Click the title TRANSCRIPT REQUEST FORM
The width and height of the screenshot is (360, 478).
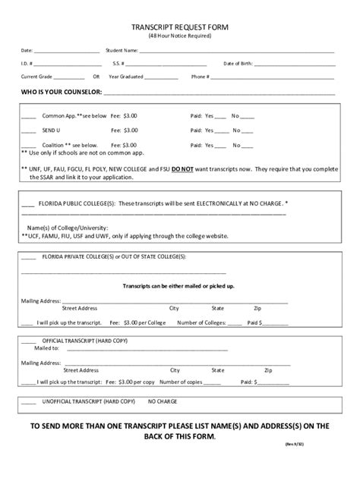(x=180, y=27)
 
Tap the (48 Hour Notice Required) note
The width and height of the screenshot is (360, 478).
(x=180, y=36)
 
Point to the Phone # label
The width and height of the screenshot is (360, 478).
(x=201, y=77)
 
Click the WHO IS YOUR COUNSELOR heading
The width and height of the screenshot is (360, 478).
(x=55, y=93)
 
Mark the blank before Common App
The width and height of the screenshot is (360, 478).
(x=28, y=116)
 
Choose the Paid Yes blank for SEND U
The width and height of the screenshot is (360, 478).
(x=220, y=131)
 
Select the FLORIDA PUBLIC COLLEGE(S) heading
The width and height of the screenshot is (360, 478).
(x=77, y=204)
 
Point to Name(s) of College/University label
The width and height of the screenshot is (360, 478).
(x=68, y=228)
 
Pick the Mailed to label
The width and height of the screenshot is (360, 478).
(x=46, y=348)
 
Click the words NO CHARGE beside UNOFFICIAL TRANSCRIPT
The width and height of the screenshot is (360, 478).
(x=163, y=400)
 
